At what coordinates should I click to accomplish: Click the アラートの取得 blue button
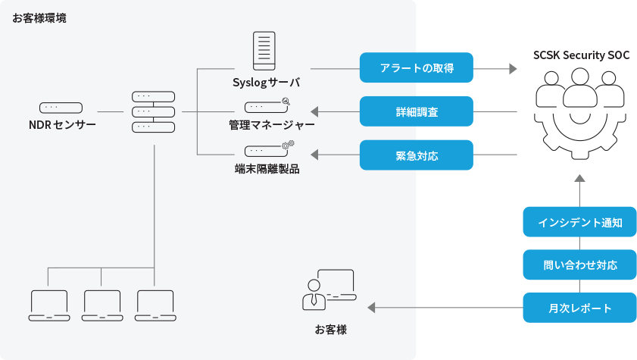pyautogui.click(x=416, y=67)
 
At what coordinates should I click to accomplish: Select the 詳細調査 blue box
pyautogui.click(x=416, y=111)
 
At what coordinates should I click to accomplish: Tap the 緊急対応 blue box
pyautogui.click(x=416, y=155)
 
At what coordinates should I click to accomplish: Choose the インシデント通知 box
pyautogui.click(x=579, y=222)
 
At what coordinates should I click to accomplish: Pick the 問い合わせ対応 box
pyautogui.click(x=579, y=265)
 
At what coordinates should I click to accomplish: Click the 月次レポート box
pyautogui.click(x=579, y=308)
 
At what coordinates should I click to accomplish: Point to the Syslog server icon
pyautogui.click(x=263, y=51)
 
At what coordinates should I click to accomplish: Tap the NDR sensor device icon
pyautogui.click(x=61, y=108)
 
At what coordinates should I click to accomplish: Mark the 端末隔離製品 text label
pyautogui.click(x=267, y=169)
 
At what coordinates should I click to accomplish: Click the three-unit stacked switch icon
pyautogui.click(x=154, y=111)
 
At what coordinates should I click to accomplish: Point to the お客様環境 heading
pyautogui.click(x=39, y=17)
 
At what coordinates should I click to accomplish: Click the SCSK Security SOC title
pyautogui.click(x=580, y=55)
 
